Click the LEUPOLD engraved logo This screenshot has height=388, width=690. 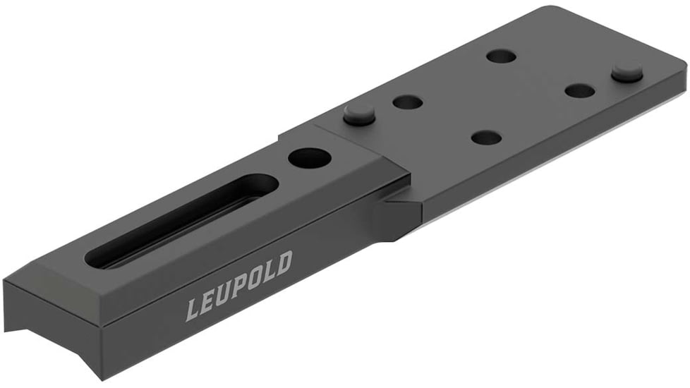coord(238,285)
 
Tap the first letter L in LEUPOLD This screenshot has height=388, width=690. coord(193,308)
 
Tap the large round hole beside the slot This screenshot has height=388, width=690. coord(309,157)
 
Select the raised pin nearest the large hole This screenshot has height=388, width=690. coord(359,114)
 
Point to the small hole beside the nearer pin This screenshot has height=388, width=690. coord(407,102)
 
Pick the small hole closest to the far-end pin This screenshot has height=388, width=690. coord(581,90)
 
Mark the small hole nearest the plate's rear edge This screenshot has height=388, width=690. coord(501,56)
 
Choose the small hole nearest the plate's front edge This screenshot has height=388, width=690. coord(486,137)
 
